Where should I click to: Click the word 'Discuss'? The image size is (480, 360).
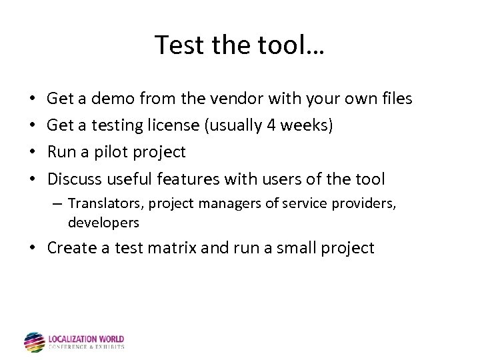click(x=75, y=179)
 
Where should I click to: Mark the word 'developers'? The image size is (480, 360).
click(x=103, y=222)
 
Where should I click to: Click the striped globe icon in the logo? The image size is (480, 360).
click(x=34, y=342)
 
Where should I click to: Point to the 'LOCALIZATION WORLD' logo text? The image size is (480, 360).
click(x=86, y=339)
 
